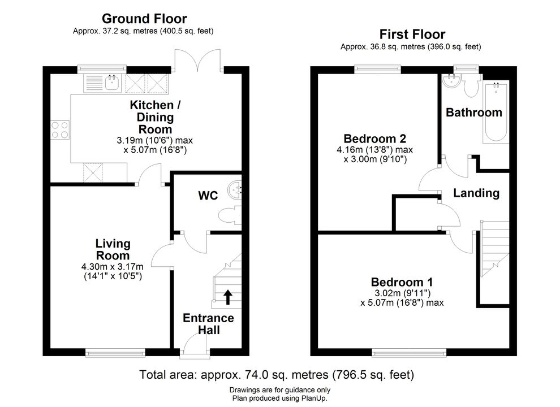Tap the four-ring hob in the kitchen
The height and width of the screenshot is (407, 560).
tap(60, 130)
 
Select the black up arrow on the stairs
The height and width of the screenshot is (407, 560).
tap(228, 297)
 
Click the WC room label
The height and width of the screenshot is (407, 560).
tap(208, 196)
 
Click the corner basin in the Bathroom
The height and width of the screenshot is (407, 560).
tap(451, 81)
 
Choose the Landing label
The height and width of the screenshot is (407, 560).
tap(476, 193)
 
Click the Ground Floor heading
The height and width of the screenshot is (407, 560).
tap(144, 19)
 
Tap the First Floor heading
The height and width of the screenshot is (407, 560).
tap(412, 34)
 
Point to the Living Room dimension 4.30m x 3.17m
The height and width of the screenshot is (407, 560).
tap(113, 267)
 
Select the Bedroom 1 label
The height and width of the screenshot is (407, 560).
tap(402, 282)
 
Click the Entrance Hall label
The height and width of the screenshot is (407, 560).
tap(209, 324)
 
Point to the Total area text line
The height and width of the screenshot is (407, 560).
tap(277, 375)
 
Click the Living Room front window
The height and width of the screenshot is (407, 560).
tap(115, 353)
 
